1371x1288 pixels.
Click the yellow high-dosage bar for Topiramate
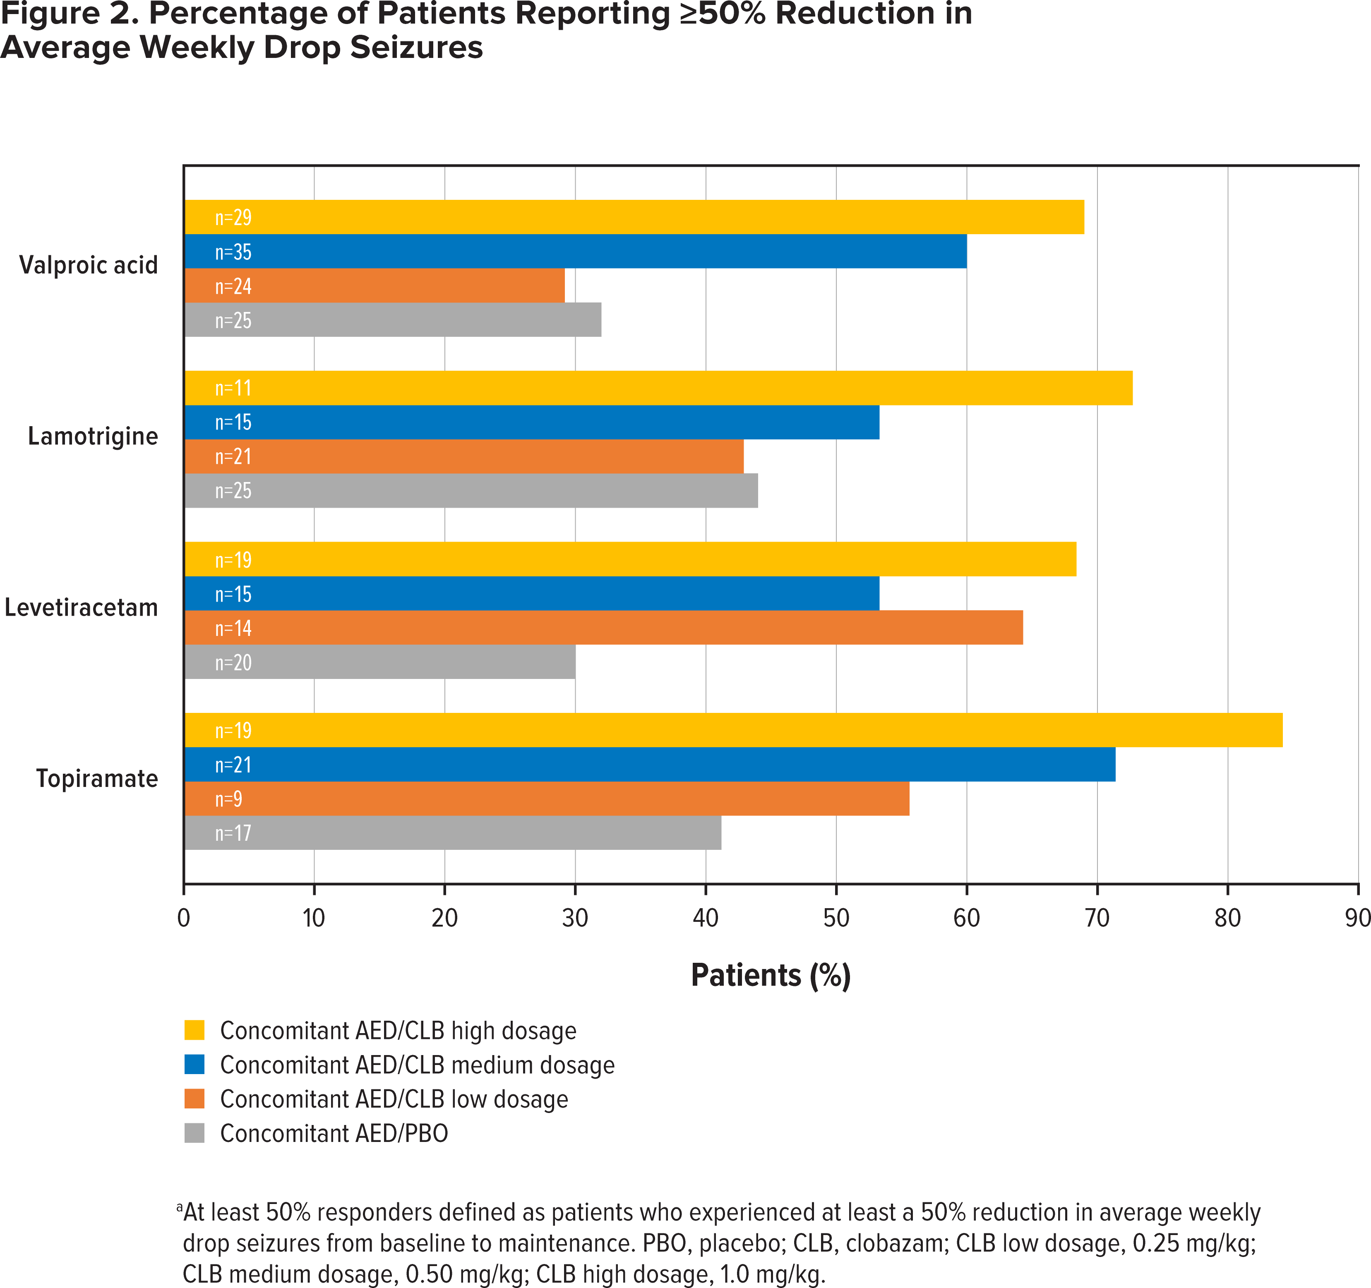point(733,730)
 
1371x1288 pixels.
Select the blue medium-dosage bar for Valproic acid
point(575,252)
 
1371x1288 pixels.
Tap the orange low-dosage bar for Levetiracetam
point(603,628)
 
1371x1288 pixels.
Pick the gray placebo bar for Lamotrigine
point(471,491)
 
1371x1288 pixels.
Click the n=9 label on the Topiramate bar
point(228,799)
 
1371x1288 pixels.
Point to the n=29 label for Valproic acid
point(233,218)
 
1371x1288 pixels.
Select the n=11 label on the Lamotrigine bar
point(233,388)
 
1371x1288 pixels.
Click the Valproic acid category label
point(88,266)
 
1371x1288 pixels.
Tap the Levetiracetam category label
point(82,607)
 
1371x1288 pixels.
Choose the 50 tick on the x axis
point(836,918)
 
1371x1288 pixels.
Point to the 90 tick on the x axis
point(1357,918)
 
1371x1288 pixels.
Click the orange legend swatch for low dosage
point(194,1099)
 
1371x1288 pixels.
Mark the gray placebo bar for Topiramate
point(452,833)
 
